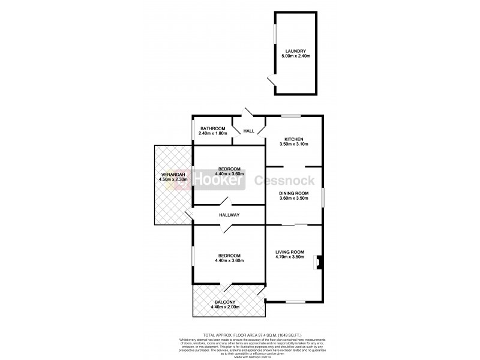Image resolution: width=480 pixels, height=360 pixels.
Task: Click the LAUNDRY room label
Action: coord(296,51)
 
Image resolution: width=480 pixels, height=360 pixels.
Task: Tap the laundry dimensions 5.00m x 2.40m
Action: coord(296,56)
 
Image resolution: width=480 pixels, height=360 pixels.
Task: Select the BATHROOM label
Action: coord(212,128)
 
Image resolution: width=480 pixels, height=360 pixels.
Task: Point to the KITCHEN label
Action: coord(293,139)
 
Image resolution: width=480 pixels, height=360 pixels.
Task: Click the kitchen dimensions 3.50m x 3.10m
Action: coord(293,145)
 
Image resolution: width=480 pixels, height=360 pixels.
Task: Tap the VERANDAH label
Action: coord(173,174)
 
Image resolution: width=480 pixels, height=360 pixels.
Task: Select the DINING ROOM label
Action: coord(293,193)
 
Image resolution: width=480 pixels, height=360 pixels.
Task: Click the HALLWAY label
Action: coord(229,215)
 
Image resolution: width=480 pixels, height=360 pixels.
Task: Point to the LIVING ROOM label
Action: coord(290,251)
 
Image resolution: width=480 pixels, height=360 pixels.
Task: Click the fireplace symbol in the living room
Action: coord(319,263)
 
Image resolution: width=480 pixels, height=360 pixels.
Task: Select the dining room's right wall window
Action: coord(323,197)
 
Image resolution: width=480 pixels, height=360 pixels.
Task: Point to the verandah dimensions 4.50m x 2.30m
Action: coord(173,179)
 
